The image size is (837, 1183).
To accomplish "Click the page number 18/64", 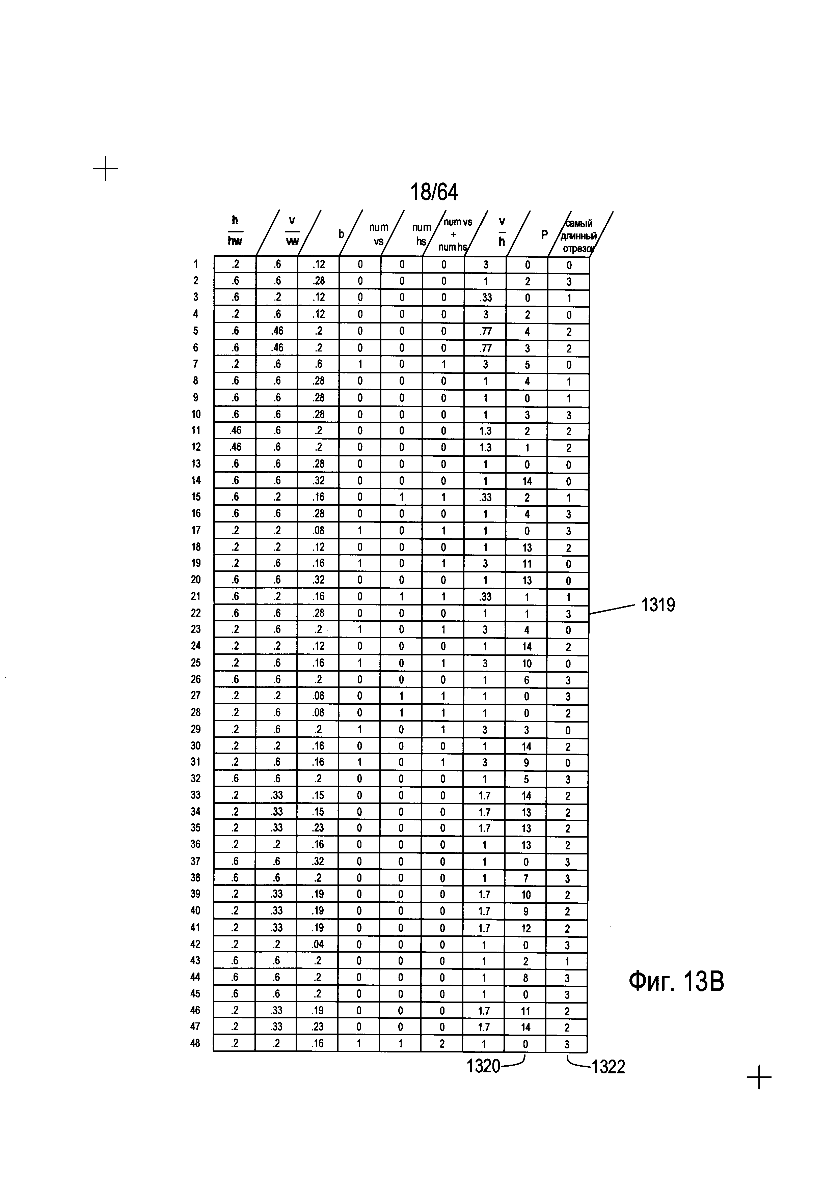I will tap(434, 192).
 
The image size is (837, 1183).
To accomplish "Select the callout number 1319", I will tap(658, 604).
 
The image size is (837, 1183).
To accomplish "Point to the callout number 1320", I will tap(483, 1066).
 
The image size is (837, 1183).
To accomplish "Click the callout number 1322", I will tap(608, 1067).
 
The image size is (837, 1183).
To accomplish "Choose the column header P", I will tap(544, 235).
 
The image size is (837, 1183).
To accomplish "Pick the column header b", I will tap(341, 234).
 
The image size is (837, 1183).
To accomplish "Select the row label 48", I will tap(195, 1043).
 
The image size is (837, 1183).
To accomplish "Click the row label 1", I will tap(196, 264).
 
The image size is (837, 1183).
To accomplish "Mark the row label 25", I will tap(196, 663).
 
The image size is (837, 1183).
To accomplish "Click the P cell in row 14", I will tap(527, 481).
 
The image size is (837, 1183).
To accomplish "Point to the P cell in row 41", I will tap(526, 928).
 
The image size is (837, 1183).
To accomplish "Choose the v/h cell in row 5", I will tap(486, 331).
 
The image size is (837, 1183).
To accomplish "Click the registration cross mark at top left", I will tap(106, 168).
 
